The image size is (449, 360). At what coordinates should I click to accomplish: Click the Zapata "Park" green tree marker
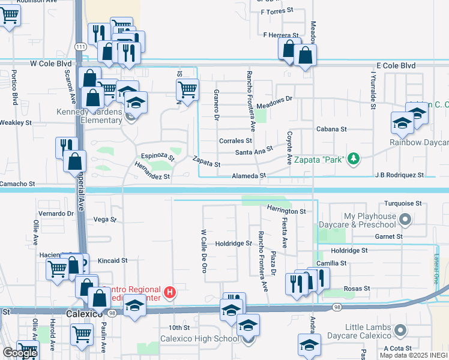354,158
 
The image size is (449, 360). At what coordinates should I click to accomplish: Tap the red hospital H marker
170,293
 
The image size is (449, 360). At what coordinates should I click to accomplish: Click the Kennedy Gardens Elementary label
89,116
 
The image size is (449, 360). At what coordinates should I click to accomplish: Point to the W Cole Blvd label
52,63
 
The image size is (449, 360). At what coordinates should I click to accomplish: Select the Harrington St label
286,211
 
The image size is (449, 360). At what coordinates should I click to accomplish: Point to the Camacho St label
17,184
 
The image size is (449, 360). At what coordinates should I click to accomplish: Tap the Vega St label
105,220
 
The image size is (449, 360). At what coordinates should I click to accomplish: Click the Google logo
20,353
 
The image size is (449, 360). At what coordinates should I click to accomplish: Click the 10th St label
179,328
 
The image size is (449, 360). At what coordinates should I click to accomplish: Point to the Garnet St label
390,236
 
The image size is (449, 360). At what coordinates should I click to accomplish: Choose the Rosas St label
357,289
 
